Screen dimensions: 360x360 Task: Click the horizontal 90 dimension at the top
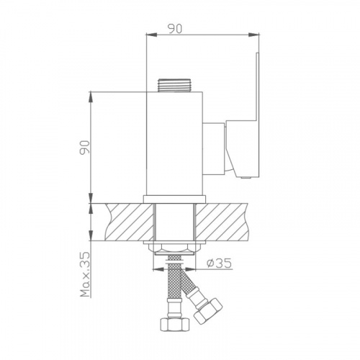pyautogui.click(x=175, y=29)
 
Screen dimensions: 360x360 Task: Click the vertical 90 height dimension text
pyautogui.click(x=85, y=147)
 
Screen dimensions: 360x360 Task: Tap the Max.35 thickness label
pyautogui.click(x=85, y=274)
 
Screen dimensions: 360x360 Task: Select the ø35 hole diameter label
pyautogui.click(x=219, y=264)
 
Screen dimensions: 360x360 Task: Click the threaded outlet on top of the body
pyautogui.click(x=175, y=85)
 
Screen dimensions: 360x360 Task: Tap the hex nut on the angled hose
pyautogui.click(x=208, y=311)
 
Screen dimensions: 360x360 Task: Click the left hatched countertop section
pyautogui.click(x=129, y=222)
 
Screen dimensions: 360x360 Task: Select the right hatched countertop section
pyautogui.click(x=221, y=222)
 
